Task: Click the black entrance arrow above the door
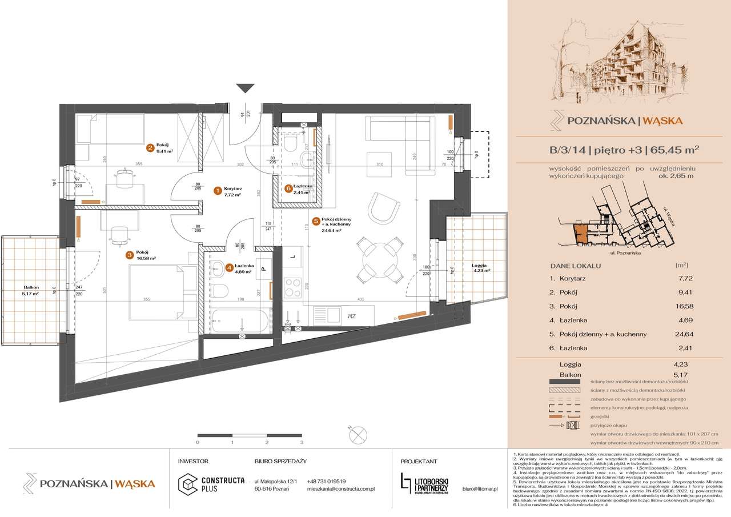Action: pyautogui.click(x=246, y=87)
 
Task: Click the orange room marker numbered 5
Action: pyautogui.click(x=315, y=220)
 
